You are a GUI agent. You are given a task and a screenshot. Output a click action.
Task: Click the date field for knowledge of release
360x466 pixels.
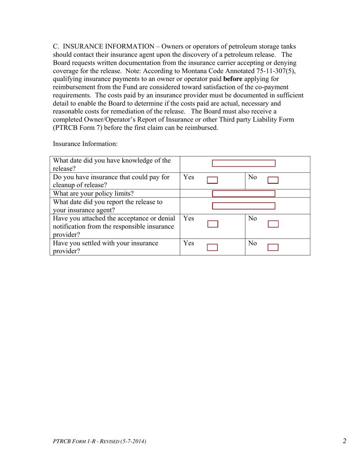(x=243, y=163)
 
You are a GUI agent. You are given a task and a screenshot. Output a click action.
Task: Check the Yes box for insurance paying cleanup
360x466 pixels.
(x=212, y=180)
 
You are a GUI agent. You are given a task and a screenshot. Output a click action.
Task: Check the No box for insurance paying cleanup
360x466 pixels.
(x=273, y=180)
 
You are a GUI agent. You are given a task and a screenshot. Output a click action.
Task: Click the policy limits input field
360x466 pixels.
(x=243, y=194)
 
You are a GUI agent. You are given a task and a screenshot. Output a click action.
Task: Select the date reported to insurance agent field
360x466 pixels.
(x=243, y=206)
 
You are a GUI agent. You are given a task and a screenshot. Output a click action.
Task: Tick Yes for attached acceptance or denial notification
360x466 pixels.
(x=213, y=224)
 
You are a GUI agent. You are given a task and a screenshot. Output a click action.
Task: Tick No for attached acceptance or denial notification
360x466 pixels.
(x=273, y=224)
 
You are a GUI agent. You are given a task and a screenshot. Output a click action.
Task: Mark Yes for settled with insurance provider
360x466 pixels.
(x=212, y=248)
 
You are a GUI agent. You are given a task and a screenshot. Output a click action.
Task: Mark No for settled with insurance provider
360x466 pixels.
(x=273, y=248)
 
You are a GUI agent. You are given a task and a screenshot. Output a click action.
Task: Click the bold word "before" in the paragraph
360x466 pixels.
(x=233, y=79)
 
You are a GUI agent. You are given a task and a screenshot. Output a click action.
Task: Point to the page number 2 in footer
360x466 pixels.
(x=344, y=441)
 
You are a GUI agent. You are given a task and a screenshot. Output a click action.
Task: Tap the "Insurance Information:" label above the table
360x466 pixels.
(x=85, y=144)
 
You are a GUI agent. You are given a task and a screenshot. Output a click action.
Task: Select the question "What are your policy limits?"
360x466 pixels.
(x=93, y=194)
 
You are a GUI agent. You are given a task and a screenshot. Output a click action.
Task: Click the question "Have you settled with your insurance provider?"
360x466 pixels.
(x=105, y=247)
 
